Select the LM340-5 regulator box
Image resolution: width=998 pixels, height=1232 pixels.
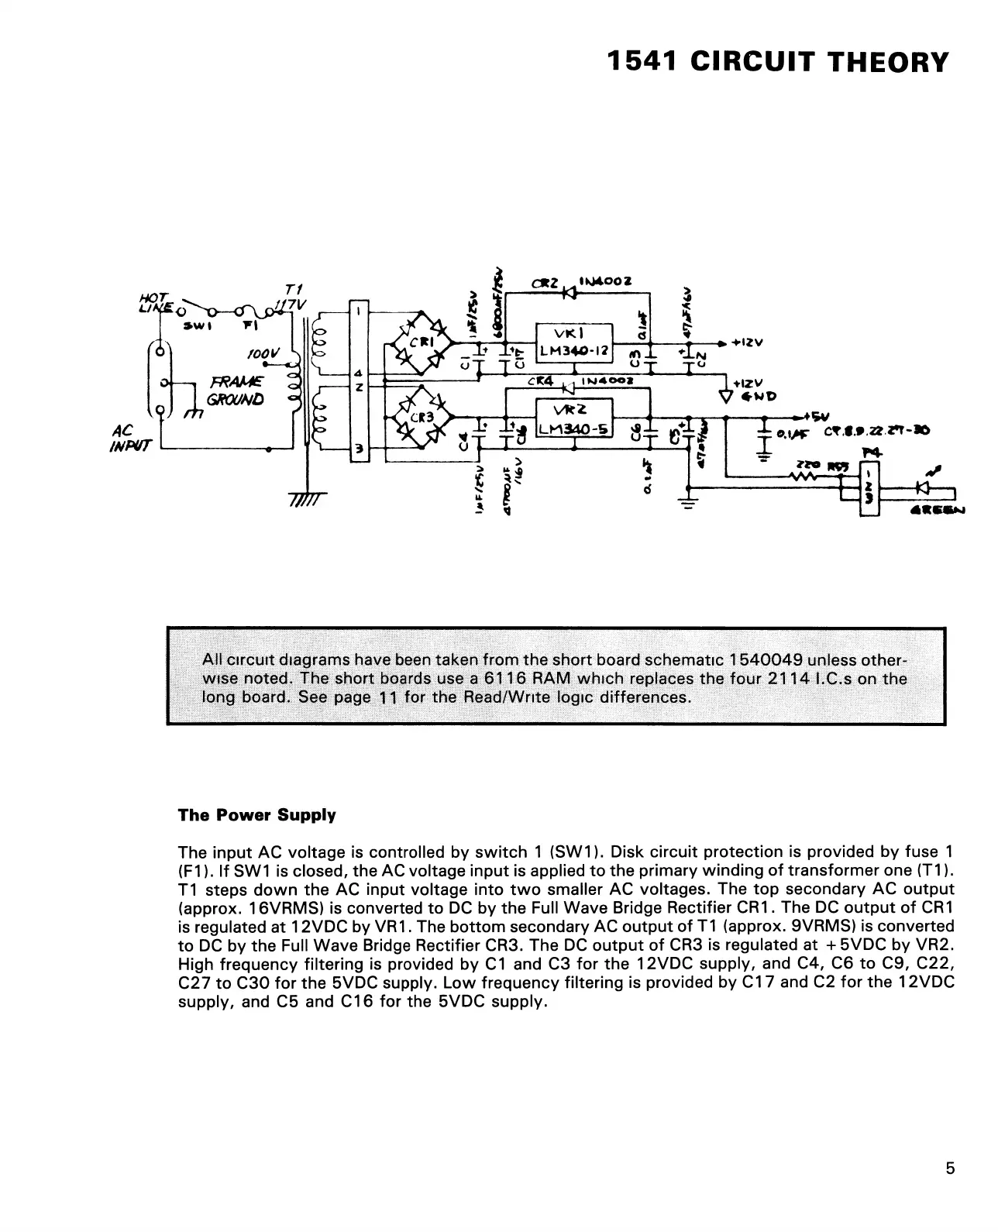pos(574,418)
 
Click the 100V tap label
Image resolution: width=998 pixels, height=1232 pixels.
pos(262,353)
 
